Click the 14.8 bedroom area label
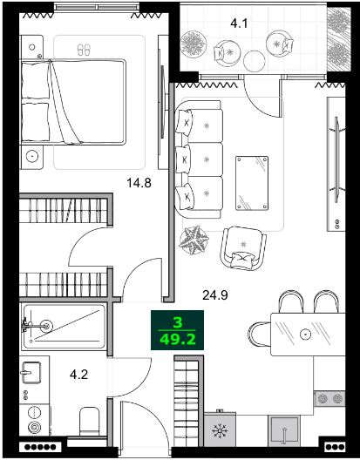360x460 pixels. [139, 183]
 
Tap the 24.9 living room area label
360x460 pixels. [215, 295]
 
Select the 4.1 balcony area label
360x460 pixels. [239, 24]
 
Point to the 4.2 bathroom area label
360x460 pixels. [79, 375]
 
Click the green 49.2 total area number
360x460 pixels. [177, 340]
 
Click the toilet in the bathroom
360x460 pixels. [90, 422]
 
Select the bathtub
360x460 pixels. [64, 326]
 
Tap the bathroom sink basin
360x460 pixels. [31, 373]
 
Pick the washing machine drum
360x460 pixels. [34, 427]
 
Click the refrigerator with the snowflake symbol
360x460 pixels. [220, 430]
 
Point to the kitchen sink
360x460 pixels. [284, 431]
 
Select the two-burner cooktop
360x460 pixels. [329, 398]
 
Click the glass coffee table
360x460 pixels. [252, 183]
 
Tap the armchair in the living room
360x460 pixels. [243, 248]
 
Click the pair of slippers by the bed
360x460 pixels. [84, 50]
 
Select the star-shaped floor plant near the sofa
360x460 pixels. [194, 240]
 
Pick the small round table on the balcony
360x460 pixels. [255, 61]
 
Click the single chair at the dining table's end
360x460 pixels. [259, 335]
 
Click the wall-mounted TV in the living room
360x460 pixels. [336, 159]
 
